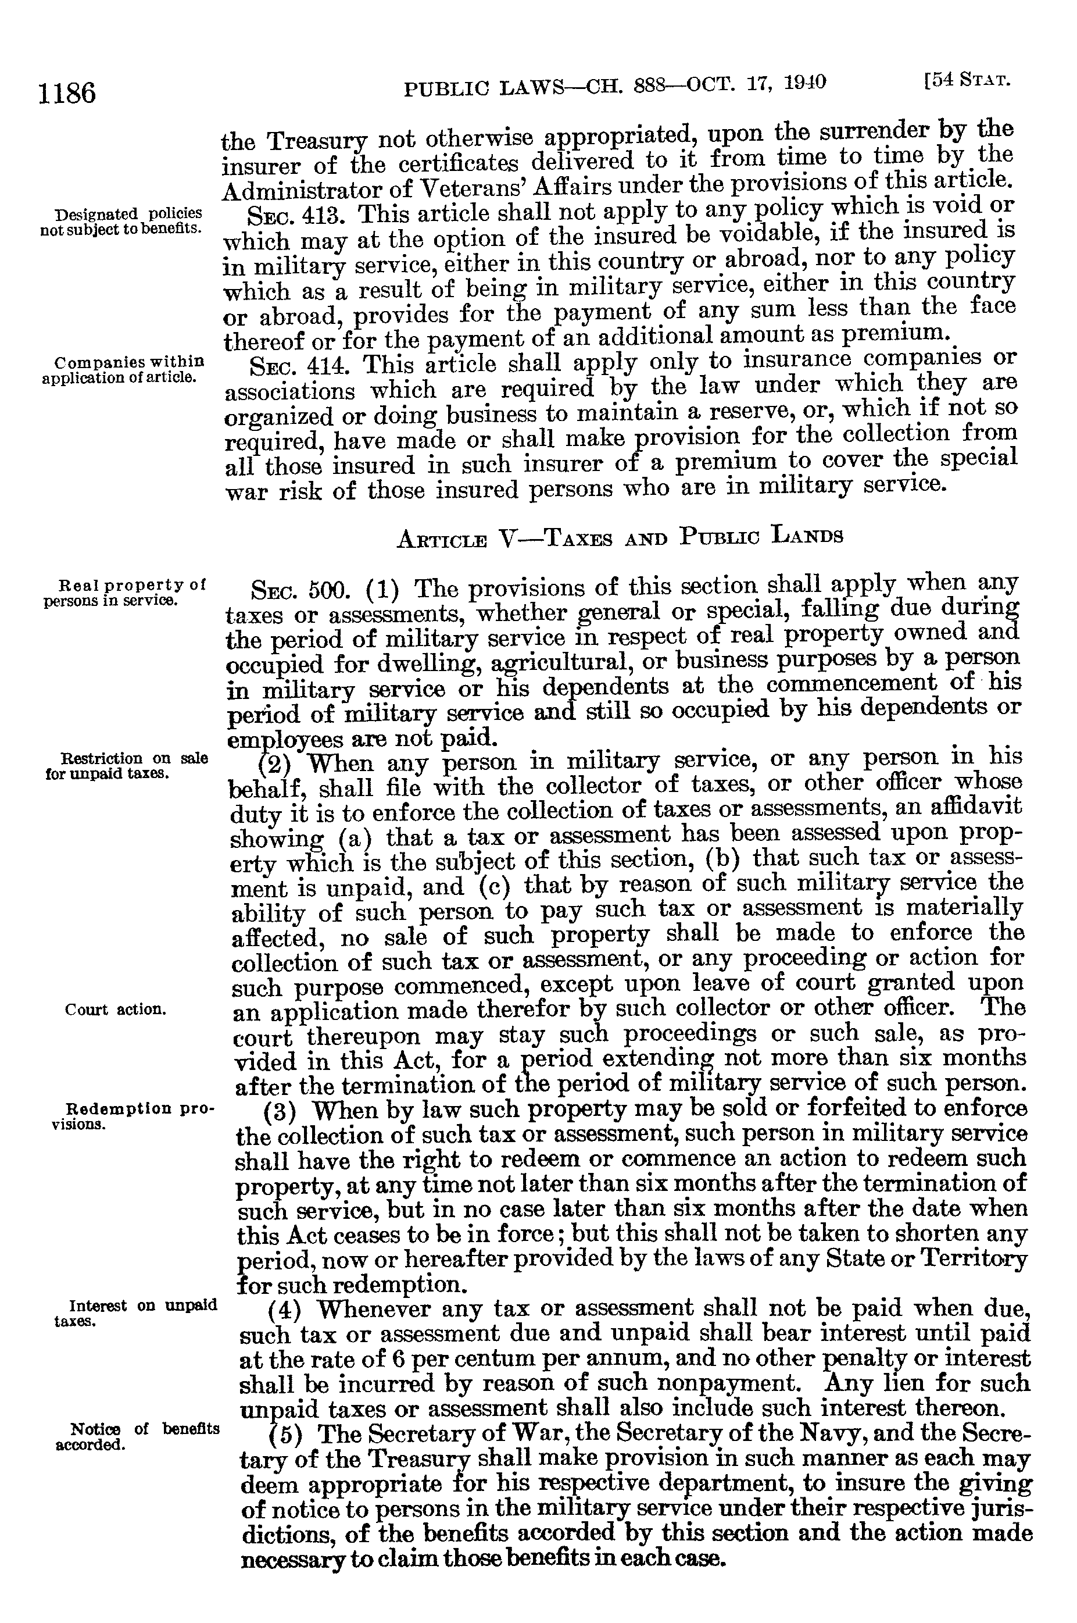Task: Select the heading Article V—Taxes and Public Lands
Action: [x=620, y=537]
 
